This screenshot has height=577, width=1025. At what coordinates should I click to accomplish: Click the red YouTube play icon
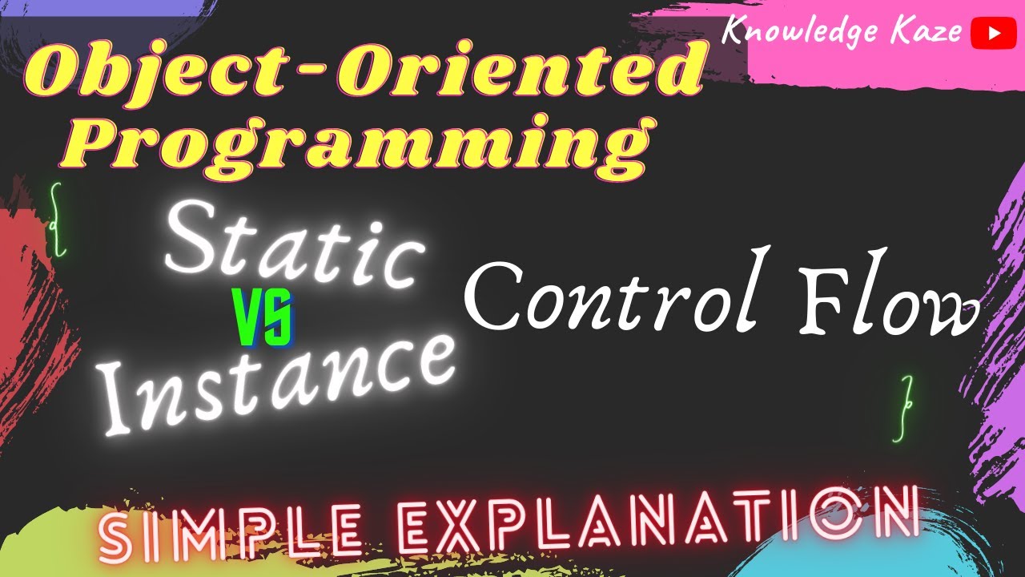pyautogui.click(x=987, y=33)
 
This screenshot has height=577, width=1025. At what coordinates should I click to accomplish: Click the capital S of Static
pyautogui.click(x=196, y=240)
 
